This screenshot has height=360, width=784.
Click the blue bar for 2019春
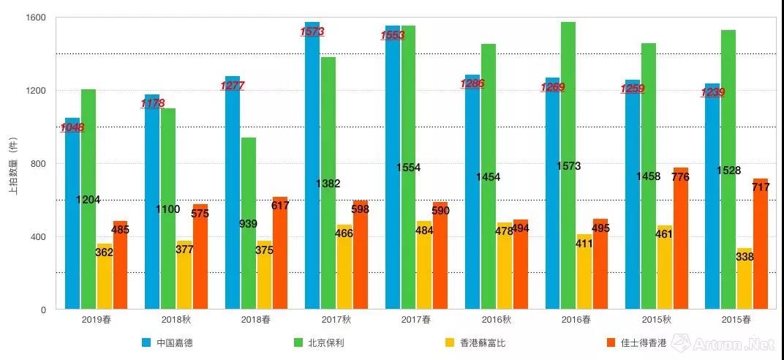click(72, 220)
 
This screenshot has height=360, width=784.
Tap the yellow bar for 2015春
click(745, 278)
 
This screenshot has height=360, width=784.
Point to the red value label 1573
click(312, 31)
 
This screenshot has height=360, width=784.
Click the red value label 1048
click(72, 127)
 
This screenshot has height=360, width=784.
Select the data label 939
click(248, 223)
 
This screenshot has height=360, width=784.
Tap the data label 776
click(679, 177)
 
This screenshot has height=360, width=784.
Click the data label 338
click(745, 257)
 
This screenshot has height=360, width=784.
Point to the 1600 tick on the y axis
click(36, 18)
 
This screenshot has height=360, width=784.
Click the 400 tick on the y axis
click(38, 236)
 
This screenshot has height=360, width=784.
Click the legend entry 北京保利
click(328, 342)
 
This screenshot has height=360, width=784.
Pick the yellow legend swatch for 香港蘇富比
click(451, 342)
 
